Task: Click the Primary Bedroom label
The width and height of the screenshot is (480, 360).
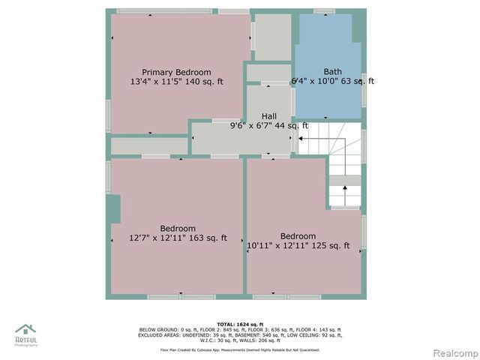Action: click(176, 71)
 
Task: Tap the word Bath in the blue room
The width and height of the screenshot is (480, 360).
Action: click(332, 71)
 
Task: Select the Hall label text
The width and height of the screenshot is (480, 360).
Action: click(268, 116)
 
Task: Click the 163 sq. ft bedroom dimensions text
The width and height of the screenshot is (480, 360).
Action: click(178, 238)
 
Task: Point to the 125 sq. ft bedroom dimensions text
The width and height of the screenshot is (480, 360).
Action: click(298, 245)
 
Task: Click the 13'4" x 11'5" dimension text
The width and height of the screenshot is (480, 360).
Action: click(176, 81)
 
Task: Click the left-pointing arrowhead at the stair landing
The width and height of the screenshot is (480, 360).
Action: click(301, 139)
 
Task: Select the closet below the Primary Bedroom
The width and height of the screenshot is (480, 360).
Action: click(148, 145)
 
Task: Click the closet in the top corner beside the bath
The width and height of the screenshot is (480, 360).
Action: click(272, 37)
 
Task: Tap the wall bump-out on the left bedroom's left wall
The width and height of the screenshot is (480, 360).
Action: click(114, 209)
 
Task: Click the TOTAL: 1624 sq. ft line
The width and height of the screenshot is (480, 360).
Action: click(239, 324)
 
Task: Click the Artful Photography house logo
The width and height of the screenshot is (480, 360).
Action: click(25, 330)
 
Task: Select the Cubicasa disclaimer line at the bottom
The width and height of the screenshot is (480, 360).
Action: click(239, 349)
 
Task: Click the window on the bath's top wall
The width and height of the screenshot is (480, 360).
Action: click(324, 11)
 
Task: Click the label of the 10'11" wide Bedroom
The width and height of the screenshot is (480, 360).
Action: click(298, 235)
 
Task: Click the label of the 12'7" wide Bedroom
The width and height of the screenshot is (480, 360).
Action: click(178, 229)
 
